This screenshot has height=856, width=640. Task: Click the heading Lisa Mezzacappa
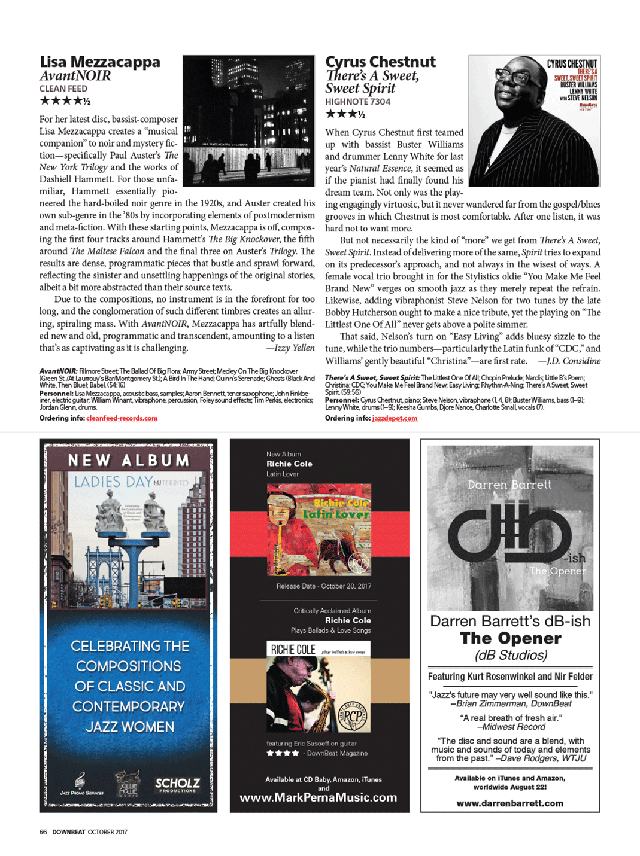coord(99,62)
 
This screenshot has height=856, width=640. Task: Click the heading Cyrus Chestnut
coord(380,62)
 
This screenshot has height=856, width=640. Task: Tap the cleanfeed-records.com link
coord(122,418)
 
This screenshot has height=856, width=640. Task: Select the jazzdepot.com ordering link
coord(395,418)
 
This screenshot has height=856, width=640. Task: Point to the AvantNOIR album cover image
coord(248,121)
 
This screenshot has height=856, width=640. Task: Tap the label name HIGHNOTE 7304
coord(357,102)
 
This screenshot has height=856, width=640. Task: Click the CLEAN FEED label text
coord(63,89)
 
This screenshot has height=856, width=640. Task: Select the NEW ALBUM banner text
coord(129,460)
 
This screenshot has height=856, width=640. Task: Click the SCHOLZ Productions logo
coord(178,784)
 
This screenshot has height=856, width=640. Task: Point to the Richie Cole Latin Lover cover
coord(319,530)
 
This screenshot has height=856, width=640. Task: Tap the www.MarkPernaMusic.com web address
coord(318,797)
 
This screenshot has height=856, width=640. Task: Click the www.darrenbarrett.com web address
coord(509,803)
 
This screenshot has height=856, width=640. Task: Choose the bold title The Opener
coord(510,638)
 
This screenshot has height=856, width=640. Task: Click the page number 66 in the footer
coord(43,832)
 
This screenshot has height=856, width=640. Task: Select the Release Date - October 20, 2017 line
coord(323,586)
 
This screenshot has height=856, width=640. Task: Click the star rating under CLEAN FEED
coord(65,101)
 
